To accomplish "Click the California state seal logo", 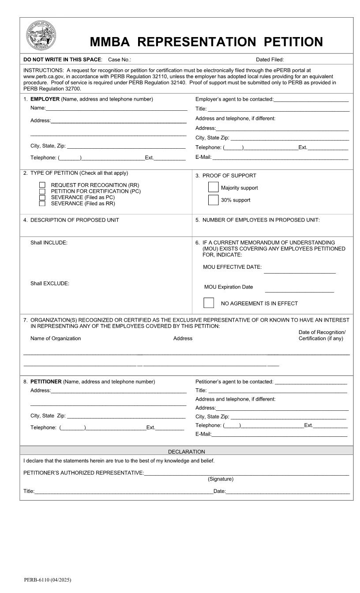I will point(41,36).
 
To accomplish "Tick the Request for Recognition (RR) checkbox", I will point(42,185).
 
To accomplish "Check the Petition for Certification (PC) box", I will point(42,191).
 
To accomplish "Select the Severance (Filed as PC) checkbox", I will point(42,197).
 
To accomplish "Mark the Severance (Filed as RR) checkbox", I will point(42,203).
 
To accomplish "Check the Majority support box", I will point(213,188).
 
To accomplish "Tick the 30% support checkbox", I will point(213,200).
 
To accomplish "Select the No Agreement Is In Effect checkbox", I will point(209,303).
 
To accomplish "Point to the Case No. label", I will point(119,60).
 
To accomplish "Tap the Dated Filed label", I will point(270,60).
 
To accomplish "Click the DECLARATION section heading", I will point(186,451).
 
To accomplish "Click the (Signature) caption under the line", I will point(221,479).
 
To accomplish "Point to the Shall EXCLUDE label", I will point(49,283).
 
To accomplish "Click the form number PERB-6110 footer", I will point(47,579).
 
